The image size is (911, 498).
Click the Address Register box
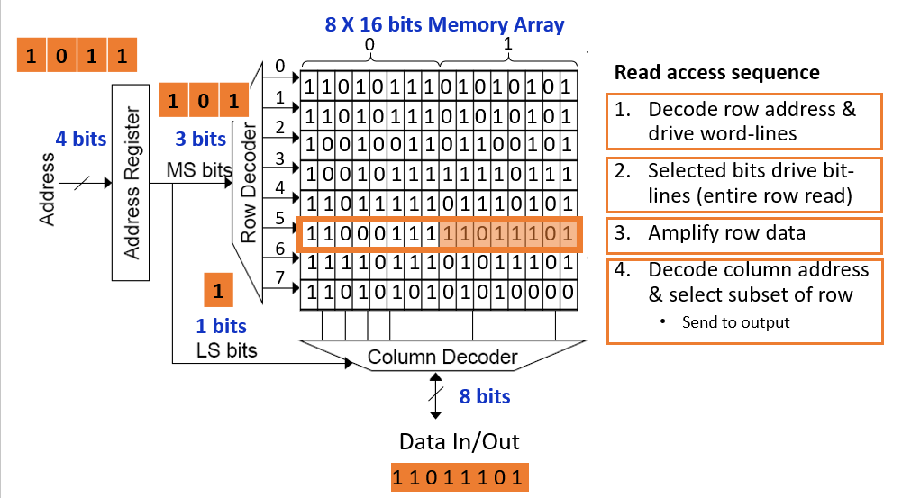132,183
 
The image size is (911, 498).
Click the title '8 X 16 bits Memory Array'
444,24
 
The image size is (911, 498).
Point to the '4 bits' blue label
80,140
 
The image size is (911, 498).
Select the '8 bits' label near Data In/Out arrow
485,396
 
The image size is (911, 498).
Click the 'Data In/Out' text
460,441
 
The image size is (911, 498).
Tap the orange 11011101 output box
459,477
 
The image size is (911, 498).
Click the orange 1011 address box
77,56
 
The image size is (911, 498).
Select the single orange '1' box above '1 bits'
218,292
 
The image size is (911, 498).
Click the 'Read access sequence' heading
717,73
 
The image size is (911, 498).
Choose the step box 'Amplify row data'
743,234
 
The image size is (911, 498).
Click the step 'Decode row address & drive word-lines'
743,121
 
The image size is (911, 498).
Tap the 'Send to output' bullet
734,322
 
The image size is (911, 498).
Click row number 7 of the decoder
279,277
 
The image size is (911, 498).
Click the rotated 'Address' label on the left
47,190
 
